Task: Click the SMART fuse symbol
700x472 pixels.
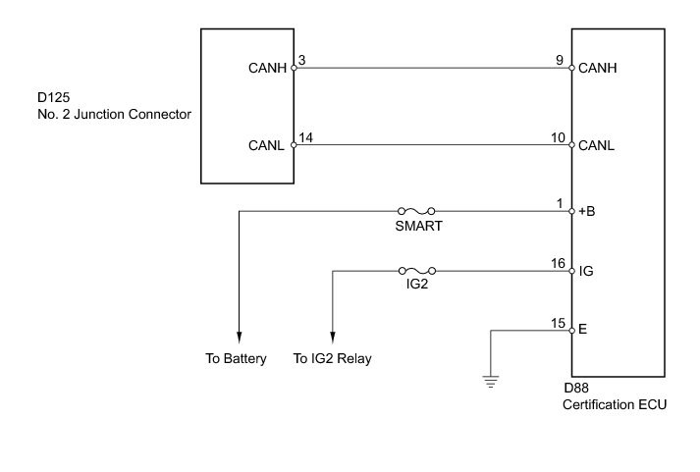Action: [x=416, y=210]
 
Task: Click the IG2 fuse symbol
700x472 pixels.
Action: [x=417, y=270]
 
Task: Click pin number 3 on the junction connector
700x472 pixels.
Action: [x=302, y=62]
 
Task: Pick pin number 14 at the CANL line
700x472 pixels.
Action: [x=305, y=138]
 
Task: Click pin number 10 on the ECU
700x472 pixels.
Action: [x=559, y=138]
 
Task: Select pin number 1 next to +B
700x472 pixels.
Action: [x=562, y=203]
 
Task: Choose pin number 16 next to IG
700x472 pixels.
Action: [x=559, y=263]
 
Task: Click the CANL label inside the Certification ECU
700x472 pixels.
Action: [x=597, y=145]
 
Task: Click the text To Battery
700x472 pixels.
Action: [x=236, y=359]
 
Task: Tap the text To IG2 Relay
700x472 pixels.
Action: [x=332, y=359]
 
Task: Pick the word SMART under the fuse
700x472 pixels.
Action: [x=417, y=226]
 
